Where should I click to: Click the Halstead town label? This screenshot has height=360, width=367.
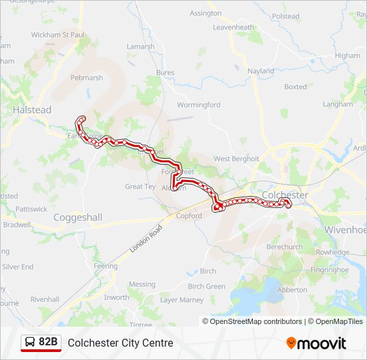point(32,110)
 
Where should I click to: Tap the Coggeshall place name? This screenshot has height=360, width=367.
point(77,217)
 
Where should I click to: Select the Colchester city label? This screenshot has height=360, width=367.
point(285,195)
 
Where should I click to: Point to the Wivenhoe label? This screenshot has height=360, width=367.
point(345,229)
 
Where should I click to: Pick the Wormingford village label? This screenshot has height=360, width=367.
point(198,105)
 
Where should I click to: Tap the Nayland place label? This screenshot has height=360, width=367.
point(260,71)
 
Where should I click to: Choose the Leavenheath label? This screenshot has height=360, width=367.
point(234,27)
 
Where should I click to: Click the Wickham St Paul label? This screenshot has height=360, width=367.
point(58,34)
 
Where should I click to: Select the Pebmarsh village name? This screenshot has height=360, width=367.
point(87,77)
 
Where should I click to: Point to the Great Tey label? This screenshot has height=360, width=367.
point(140,187)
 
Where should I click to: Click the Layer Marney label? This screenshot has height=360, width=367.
point(181,300)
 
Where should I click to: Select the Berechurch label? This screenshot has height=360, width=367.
point(285,247)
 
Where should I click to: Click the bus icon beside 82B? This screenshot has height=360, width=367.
point(31,343)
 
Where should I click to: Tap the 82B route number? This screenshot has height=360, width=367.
point(49,343)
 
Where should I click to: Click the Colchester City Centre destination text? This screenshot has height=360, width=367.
point(120,343)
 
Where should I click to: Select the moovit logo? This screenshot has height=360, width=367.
point(316,343)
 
